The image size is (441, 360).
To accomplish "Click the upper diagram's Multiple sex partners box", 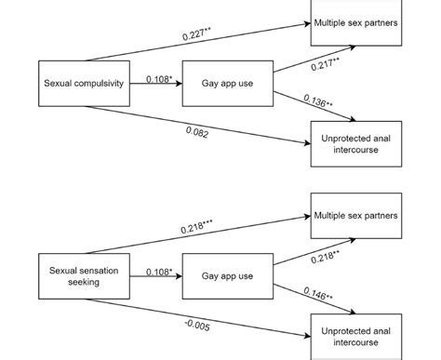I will coord(356,22).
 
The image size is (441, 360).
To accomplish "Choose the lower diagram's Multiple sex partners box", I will coord(356,216).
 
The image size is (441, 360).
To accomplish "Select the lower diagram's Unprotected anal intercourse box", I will coord(356,337).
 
